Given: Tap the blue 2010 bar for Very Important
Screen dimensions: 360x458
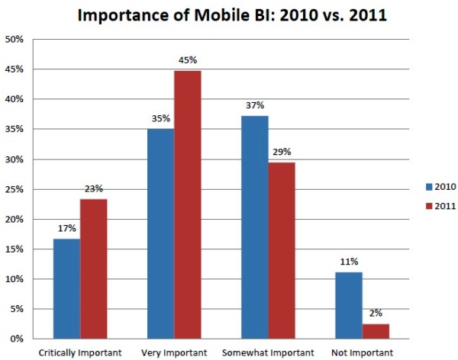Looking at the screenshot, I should click(x=160, y=233).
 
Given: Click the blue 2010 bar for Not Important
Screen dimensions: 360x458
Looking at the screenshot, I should click(x=348, y=305).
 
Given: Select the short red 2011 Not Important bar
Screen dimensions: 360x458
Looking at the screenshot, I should click(x=376, y=331).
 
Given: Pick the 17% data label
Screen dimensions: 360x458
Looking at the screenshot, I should click(x=67, y=227).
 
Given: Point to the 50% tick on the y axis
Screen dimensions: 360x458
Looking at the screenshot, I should click(x=16, y=39).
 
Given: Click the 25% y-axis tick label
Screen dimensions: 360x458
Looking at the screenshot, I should click(x=16, y=189).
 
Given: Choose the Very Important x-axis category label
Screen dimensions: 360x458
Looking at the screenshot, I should click(x=174, y=352).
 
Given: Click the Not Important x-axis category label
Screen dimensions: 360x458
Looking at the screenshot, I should click(x=363, y=352).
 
